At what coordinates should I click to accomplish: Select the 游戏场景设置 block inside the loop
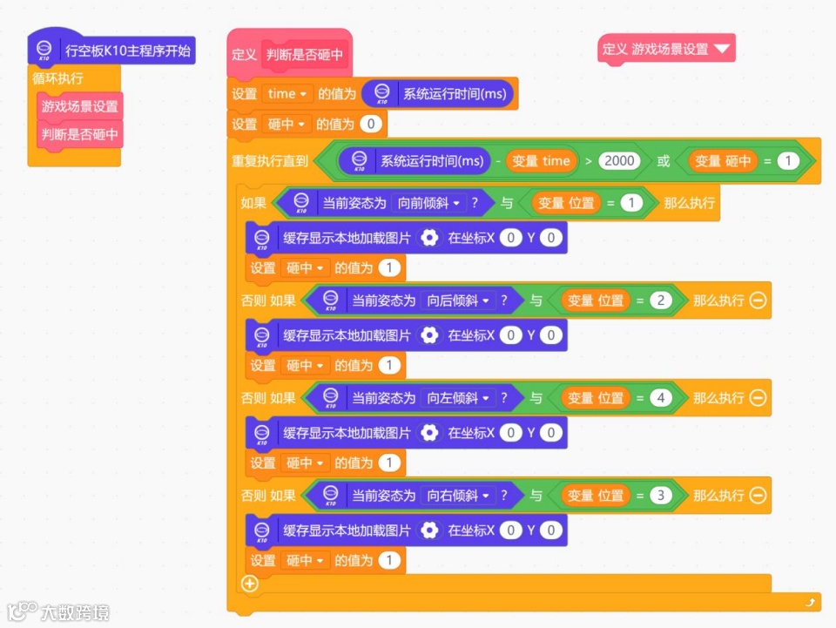(79, 106)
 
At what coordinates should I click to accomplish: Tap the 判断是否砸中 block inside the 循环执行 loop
(79, 135)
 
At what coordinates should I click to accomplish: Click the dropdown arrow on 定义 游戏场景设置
(722, 49)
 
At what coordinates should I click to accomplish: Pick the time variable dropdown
(287, 94)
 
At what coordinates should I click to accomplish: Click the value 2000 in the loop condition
(619, 160)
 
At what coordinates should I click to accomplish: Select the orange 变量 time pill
(541, 160)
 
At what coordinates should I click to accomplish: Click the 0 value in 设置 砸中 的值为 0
(371, 125)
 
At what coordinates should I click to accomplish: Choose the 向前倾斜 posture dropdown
(428, 203)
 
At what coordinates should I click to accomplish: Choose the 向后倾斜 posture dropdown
(457, 300)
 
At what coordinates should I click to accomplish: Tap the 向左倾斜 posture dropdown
(457, 398)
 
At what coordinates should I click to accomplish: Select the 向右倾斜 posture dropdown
(457, 496)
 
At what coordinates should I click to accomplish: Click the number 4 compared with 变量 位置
(660, 398)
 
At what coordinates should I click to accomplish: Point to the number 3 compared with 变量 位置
(660, 496)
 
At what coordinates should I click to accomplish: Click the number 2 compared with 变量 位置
(660, 300)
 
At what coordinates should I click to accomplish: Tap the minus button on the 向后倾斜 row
(758, 300)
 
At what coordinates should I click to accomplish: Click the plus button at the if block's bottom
(250, 584)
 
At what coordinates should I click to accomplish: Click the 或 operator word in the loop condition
(664, 160)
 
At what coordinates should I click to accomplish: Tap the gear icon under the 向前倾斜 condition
(428, 238)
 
